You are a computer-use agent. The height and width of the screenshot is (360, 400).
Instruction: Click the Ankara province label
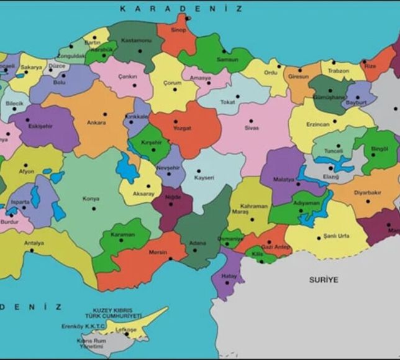pyautogui.click(x=96, y=123)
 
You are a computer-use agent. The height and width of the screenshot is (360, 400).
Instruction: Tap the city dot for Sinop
pyautogui.click(x=188, y=17)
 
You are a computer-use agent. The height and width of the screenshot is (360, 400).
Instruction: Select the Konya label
pyautogui.click(x=91, y=199)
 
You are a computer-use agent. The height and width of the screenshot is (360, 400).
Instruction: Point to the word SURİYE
pyautogui.click(x=324, y=280)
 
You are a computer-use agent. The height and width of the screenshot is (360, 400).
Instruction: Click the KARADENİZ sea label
pyautogui.click(x=180, y=8)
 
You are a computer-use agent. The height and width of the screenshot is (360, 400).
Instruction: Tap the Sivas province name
pyautogui.click(x=251, y=128)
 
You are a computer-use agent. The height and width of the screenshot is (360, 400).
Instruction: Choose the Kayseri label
pyautogui.click(x=204, y=178)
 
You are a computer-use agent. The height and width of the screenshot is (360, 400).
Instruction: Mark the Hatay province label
pyautogui.click(x=230, y=275)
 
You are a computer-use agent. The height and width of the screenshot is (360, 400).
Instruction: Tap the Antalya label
pyautogui.click(x=34, y=243)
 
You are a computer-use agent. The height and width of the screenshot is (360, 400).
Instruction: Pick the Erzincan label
pyautogui.click(x=317, y=124)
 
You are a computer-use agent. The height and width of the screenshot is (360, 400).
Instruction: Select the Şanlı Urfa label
pyautogui.click(x=333, y=237)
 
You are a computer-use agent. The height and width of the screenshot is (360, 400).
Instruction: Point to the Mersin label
pyautogui.click(x=158, y=253)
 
